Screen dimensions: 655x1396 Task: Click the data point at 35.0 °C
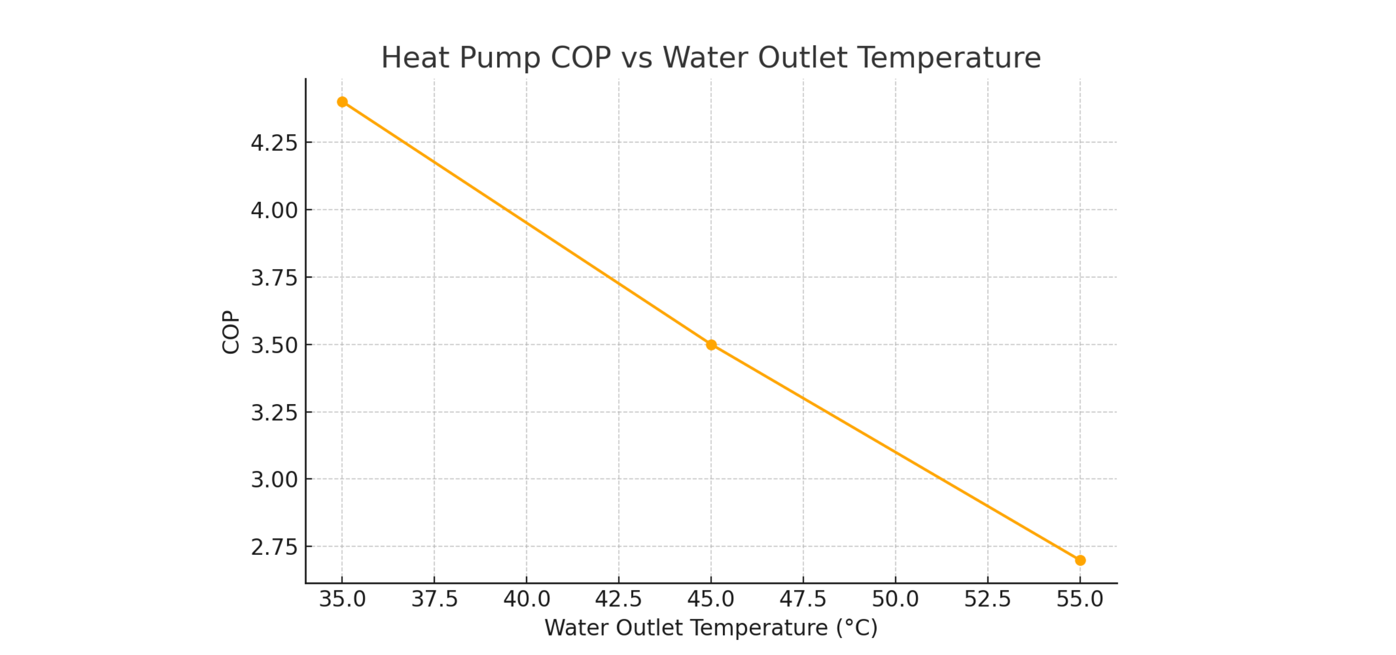342,102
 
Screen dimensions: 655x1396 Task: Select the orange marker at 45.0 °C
711,345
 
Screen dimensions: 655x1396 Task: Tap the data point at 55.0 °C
1080,560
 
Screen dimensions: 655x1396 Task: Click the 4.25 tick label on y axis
274,143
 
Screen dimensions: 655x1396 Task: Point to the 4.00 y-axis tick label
274,210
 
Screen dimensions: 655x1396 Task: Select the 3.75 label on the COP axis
274,278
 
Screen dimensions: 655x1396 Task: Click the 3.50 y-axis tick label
274,345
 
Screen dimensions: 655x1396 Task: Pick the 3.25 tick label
274,413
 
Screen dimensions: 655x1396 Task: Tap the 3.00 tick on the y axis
274,480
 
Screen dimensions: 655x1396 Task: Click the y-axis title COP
231,332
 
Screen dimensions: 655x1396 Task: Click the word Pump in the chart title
500,58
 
